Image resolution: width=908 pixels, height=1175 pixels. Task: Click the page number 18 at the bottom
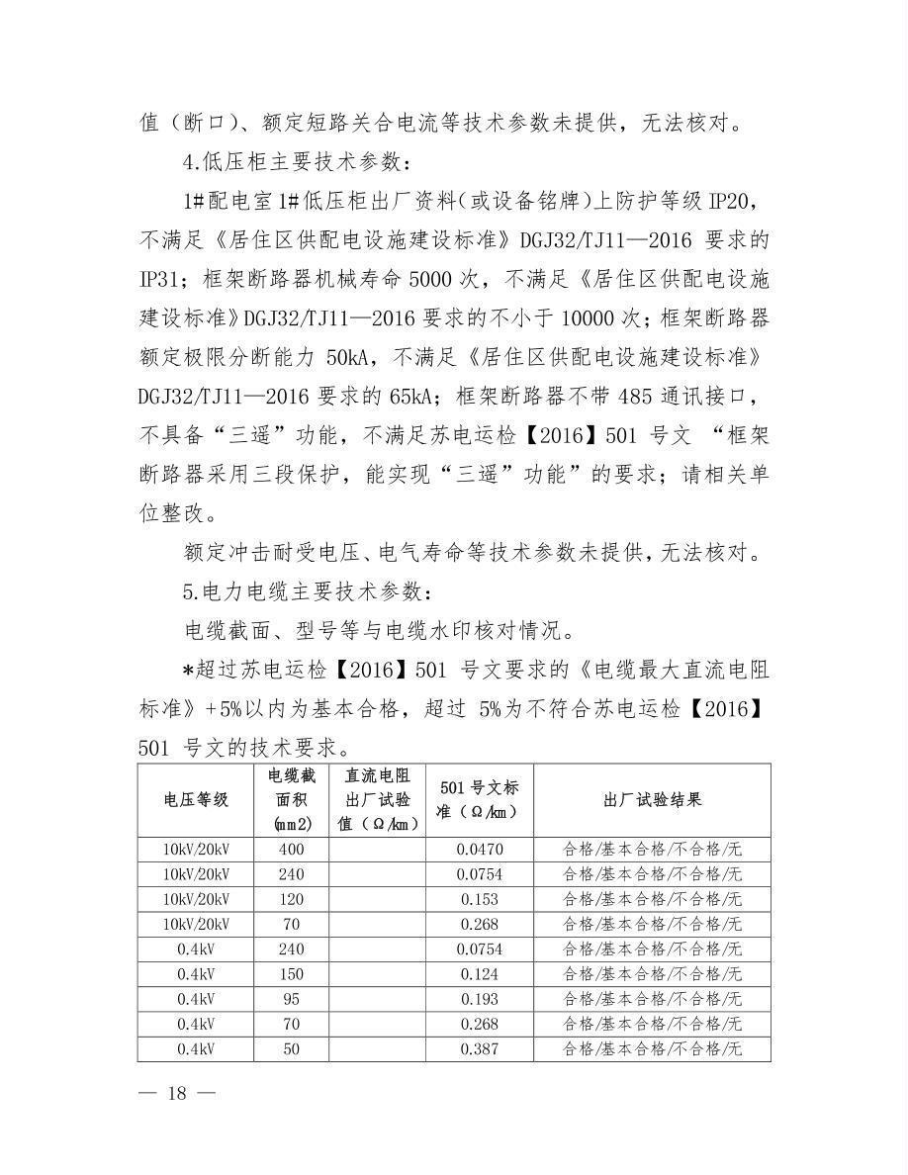coord(178,1093)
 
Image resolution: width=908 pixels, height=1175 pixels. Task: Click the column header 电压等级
coord(196,799)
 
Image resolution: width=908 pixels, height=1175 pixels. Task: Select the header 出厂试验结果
coord(652,799)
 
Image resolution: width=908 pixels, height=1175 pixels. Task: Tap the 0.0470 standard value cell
coord(480,849)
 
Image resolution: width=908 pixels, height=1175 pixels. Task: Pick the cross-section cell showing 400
coord(291,849)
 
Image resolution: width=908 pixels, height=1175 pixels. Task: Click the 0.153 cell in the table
coord(480,899)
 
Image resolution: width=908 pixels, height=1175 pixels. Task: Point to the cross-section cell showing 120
coord(291,899)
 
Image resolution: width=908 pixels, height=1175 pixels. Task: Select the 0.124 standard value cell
coord(480,974)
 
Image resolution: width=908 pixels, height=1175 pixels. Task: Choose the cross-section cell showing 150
coord(291,974)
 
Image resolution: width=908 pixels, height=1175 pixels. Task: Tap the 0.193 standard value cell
coord(480,999)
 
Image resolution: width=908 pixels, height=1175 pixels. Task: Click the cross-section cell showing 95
coord(291,999)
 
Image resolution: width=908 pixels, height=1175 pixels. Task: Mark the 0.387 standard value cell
coord(480,1049)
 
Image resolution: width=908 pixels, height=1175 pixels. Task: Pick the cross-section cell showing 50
coord(291,1049)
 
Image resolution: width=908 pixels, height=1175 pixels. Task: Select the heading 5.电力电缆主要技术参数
coord(307,592)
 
